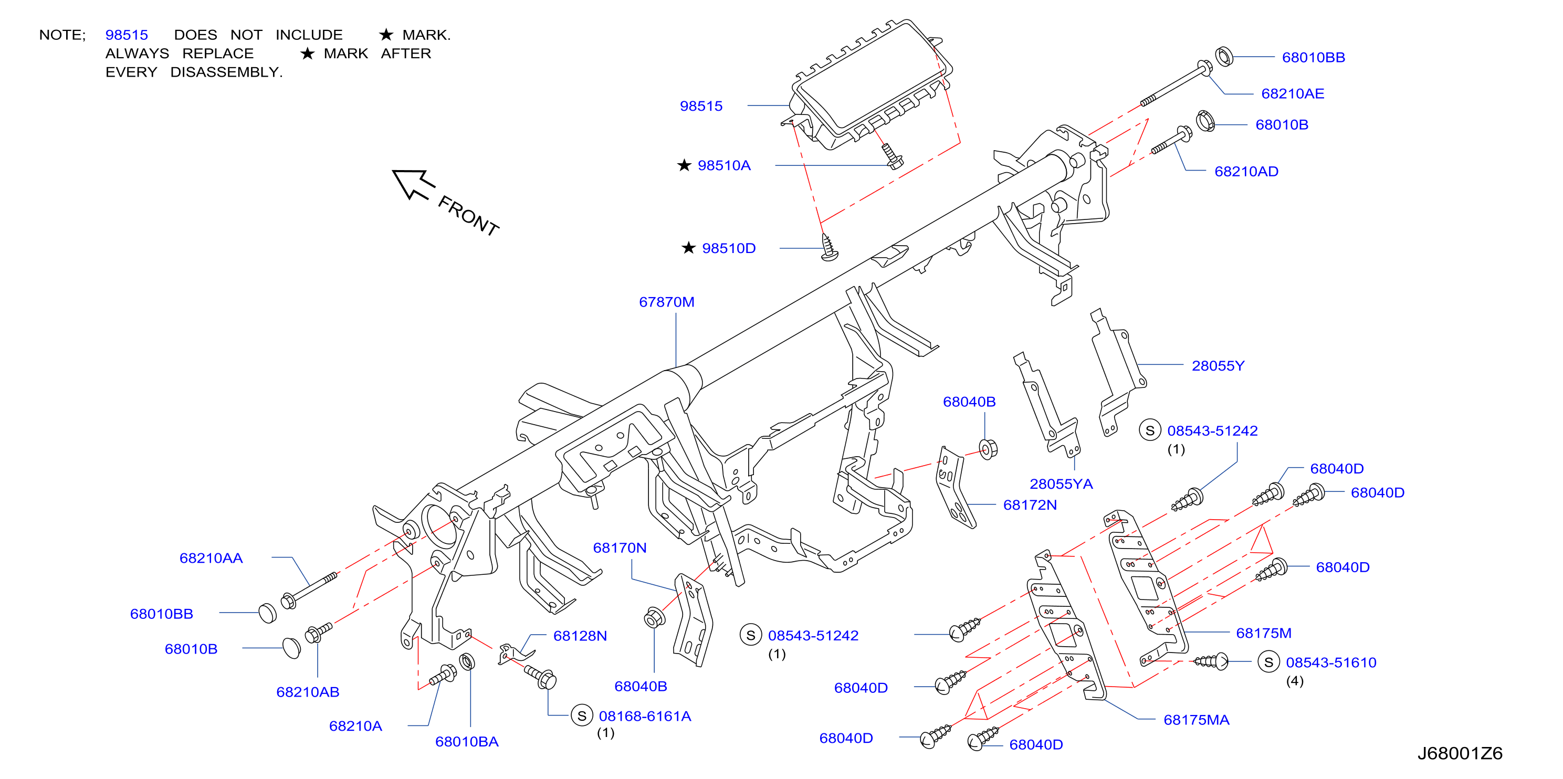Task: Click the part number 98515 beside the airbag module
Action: click(701, 106)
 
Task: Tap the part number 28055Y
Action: click(1218, 366)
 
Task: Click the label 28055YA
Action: click(1061, 483)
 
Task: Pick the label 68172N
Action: click(1030, 505)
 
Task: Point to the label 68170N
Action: click(620, 548)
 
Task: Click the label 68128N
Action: click(580, 636)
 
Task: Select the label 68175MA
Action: click(1196, 720)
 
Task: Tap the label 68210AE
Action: click(1293, 93)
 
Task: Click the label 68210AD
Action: click(1246, 172)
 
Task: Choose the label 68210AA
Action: click(211, 558)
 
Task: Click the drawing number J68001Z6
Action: click(1460, 753)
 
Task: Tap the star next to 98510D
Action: click(688, 248)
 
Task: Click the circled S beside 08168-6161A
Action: click(581, 716)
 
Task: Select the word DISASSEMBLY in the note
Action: click(226, 72)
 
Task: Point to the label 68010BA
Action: click(467, 742)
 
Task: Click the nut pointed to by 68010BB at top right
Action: click(1224, 56)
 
